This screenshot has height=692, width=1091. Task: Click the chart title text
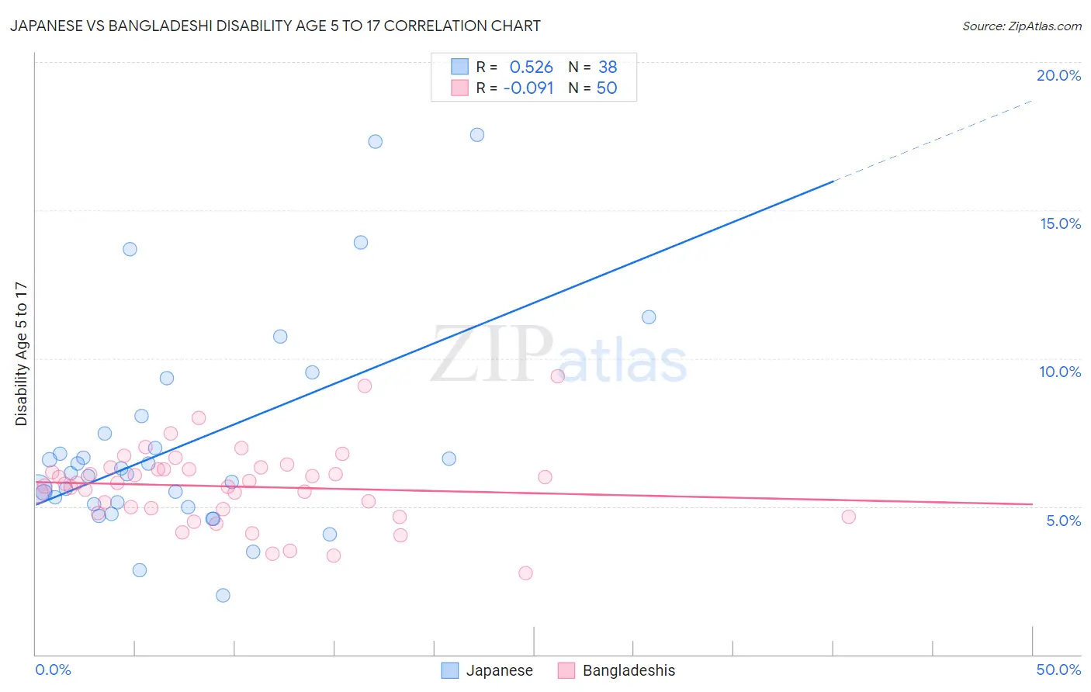(275, 26)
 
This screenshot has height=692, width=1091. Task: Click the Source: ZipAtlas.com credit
(1021, 26)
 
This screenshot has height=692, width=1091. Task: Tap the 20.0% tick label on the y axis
(1058, 75)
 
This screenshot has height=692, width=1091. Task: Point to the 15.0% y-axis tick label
(1060, 223)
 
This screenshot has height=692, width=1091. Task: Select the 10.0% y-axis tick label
(1060, 372)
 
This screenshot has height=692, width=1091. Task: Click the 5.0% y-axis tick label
(1063, 521)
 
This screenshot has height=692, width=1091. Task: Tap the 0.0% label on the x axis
(53, 670)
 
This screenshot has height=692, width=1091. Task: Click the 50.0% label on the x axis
(1058, 670)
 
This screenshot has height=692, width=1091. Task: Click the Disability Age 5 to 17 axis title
(22, 354)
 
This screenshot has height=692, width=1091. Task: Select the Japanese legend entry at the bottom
(499, 670)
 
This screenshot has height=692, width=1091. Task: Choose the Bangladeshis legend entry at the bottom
(629, 670)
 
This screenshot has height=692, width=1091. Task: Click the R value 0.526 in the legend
(531, 67)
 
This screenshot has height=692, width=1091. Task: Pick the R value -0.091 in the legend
(528, 88)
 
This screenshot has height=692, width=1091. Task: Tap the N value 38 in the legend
(608, 67)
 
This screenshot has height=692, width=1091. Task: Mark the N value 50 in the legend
(607, 88)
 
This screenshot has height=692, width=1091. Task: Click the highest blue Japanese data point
(477, 135)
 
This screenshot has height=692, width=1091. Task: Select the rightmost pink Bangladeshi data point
(848, 517)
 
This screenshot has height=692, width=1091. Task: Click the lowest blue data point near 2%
(223, 595)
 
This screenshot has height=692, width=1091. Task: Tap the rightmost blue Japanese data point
(649, 317)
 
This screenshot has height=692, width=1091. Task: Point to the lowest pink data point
(525, 573)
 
